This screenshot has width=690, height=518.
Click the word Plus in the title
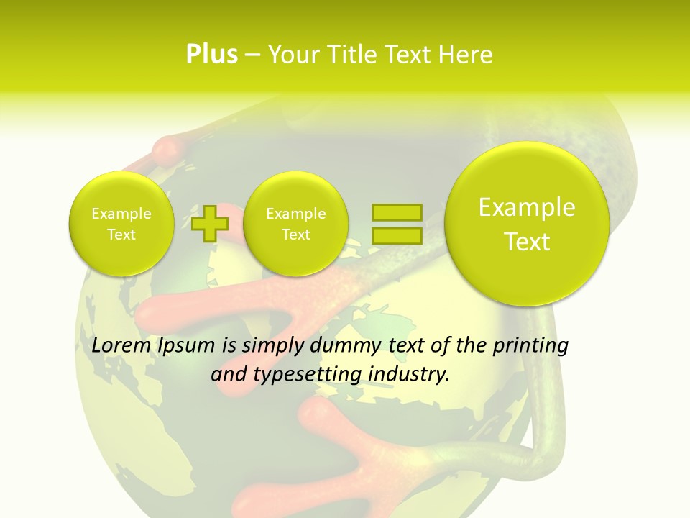point(211,55)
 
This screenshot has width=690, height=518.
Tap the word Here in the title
point(467,55)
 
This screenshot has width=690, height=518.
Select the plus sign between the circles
point(210,223)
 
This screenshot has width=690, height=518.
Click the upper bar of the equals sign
point(396,212)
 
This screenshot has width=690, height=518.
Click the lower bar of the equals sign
point(396,235)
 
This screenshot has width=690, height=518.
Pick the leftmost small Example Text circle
point(121,224)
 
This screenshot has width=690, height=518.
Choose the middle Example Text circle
point(295,224)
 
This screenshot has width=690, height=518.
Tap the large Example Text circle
point(527,224)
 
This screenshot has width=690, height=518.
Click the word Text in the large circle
point(527,242)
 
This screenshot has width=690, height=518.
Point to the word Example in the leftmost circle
point(121,214)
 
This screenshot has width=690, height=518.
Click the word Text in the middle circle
point(295,235)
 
